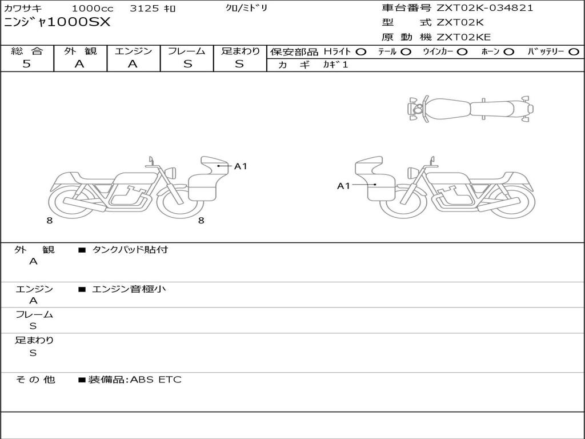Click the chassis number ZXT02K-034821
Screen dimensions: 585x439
[484, 8]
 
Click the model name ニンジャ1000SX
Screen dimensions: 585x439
[57, 22]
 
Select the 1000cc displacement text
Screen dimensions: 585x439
[92, 8]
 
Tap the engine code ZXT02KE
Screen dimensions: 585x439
[463, 37]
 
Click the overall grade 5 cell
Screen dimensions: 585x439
[26, 63]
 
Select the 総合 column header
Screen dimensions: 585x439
[27, 51]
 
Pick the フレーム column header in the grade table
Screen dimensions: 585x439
[187, 51]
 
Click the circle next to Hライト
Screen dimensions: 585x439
[360, 52]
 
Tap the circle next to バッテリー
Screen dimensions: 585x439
[574, 52]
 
